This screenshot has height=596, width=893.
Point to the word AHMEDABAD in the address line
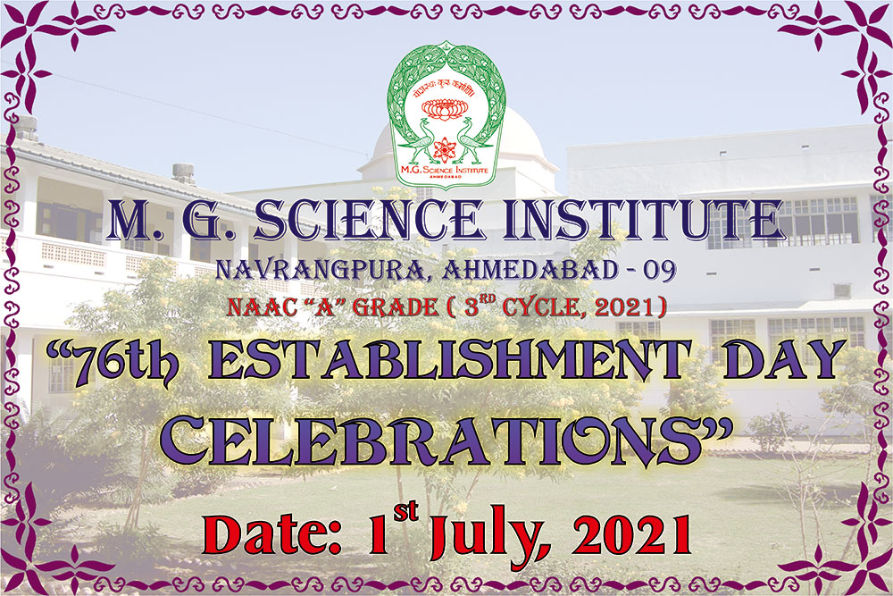click(x=530, y=270)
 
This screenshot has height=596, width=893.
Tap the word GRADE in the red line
click(x=396, y=307)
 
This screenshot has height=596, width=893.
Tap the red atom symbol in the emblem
click(x=445, y=149)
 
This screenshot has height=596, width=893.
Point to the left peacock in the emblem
click(x=421, y=141)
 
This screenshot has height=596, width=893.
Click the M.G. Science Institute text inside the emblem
click(x=445, y=170)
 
